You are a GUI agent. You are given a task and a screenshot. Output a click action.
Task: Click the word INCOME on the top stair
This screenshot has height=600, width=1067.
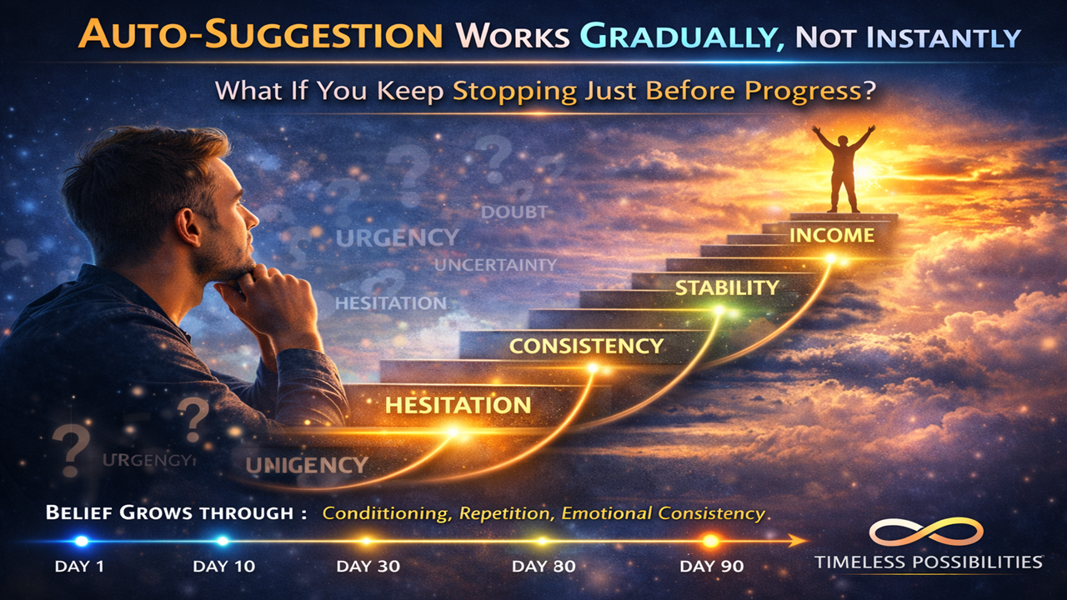[832, 236]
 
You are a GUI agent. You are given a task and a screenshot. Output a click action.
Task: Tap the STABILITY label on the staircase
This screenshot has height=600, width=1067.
[727, 288]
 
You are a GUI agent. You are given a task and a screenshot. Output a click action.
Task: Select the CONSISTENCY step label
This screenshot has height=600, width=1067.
[586, 346]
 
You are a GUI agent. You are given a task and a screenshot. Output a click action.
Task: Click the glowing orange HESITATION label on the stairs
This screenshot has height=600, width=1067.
[458, 406]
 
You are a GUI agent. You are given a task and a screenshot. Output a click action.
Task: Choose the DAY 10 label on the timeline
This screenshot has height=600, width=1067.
[223, 567]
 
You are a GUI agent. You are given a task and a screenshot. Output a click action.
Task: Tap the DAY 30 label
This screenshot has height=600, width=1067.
[368, 567]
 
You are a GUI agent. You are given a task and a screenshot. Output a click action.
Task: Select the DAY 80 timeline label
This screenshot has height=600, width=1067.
[543, 567]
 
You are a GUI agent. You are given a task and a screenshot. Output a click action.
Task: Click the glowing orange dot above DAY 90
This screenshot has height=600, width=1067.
[710, 541]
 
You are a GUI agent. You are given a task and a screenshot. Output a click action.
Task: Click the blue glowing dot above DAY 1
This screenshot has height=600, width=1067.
[81, 541]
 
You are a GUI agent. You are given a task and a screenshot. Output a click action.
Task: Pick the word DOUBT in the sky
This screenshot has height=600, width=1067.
[514, 212]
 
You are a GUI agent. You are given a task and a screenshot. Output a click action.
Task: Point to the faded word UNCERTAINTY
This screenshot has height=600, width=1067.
[495, 265]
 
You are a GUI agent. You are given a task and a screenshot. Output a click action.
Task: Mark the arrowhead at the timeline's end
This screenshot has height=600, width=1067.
[800, 542]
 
